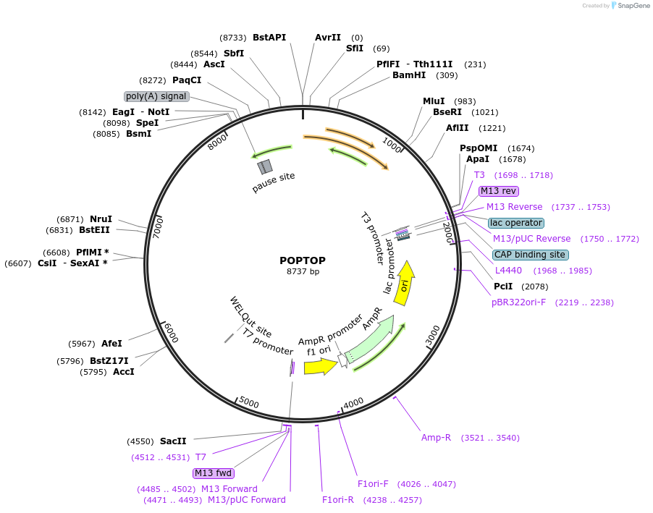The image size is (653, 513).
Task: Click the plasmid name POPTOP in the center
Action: pos(303,260)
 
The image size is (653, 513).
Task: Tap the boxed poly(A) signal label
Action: pos(156,96)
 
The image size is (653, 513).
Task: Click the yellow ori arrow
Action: pos(406,283)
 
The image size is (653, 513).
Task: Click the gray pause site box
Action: pos(264,167)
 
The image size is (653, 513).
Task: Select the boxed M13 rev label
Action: pos(499,191)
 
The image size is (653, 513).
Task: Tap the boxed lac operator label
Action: pos(515,223)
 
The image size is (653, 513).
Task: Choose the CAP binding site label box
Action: pos(530,255)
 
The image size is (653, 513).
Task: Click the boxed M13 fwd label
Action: pos(214,473)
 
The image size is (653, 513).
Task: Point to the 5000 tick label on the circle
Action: pos(249,402)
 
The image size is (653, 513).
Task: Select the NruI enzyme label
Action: pos(101,219)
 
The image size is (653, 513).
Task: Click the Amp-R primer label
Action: pos(436,438)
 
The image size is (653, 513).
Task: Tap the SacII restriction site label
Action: pos(173,441)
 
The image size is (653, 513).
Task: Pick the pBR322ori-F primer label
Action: pos(518,302)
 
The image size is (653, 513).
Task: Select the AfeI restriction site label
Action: pos(111,343)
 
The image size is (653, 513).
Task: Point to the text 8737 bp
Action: pos(303,272)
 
